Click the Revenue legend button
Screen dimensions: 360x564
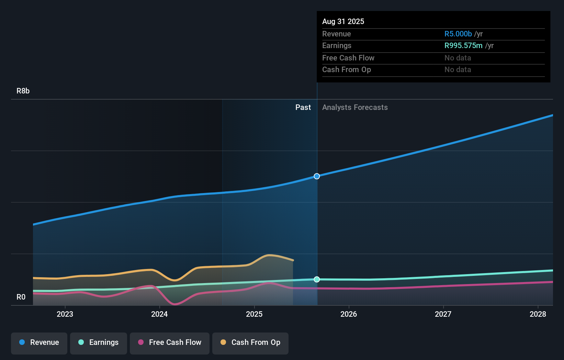pos(39,342)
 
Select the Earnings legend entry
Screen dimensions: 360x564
pos(99,342)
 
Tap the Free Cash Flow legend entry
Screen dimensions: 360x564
pos(170,342)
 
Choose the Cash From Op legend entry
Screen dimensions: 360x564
pos(250,342)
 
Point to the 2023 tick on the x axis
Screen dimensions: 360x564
pos(65,314)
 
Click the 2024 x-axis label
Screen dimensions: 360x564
pos(159,314)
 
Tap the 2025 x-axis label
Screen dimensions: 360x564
pos(254,314)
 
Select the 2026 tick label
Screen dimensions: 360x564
pos(349,314)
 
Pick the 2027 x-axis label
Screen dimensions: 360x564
pos(443,314)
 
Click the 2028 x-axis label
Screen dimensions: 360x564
pos(538,314)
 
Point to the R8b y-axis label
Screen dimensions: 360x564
pos(23,91)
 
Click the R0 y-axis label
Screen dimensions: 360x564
pos(21,297)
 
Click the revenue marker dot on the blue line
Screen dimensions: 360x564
pos(317,176)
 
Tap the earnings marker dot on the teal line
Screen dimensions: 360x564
pos(317,279)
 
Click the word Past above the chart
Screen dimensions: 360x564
pos(303,108)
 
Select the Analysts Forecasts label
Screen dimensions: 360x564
pos(355,108)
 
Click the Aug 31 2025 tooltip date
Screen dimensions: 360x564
pos(343,22)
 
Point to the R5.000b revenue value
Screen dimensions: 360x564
pos(458,34)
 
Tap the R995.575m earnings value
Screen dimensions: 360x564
pos(463,46)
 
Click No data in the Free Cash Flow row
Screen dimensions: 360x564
pos(458,58)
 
